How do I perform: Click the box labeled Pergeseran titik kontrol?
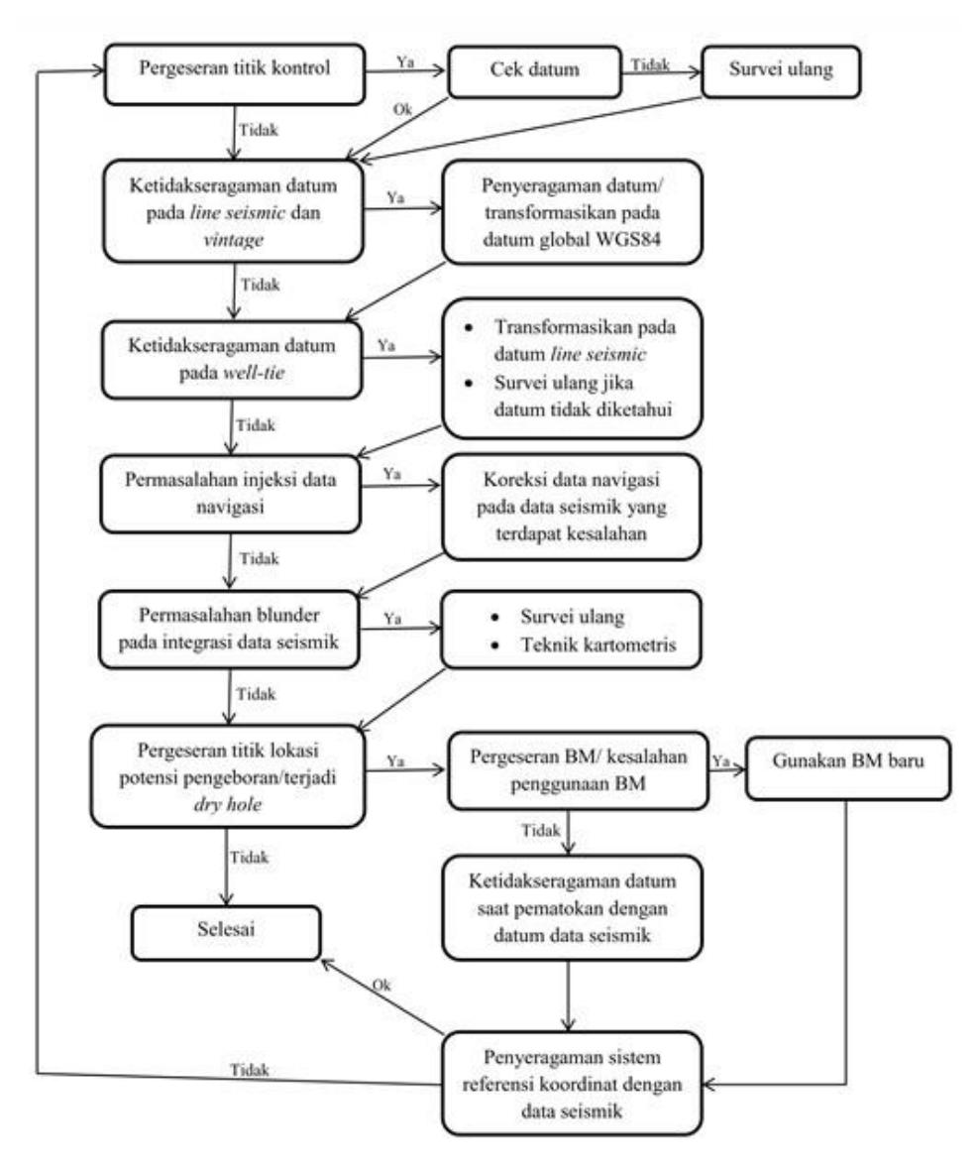pyautogui.click(x=235, y=73)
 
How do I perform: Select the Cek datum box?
pyautogui.click(x=535, y=71)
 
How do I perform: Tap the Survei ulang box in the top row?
pyautogui.click(x=781, y=71)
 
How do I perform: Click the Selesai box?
pyautogui.click(x=226, y=933)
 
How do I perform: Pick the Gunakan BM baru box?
pyautogui.click(x=848, y=768)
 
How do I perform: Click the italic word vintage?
pyautogui.click(x=233, y=240)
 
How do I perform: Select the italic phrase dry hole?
pyautogui.click(x=228, y=804)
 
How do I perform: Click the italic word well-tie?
pyautogui.click(x=254, y=373)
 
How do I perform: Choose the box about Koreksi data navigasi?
pyautogui.click(x=571, y=507)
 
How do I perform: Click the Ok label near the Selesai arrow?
pyautogui.click(x=381, y=985)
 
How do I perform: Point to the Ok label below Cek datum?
pyautogui.click(x=402, y=109)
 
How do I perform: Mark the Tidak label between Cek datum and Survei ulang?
pyautogui.click(x=651, y=64)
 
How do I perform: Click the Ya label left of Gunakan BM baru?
pyautogui.click(x=720, y=761)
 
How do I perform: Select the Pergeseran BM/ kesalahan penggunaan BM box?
pyautogui.click(x=578, y=770)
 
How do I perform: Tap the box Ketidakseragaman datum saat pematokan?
pyautogui.click(x=572, y=907)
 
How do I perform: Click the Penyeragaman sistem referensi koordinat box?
pyautogui.click(x=572, y=1083)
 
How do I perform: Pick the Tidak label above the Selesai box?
pyautogui.click(x=250, y=858)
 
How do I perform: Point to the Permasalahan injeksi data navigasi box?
pyautogui.click(x=231, y=494)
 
